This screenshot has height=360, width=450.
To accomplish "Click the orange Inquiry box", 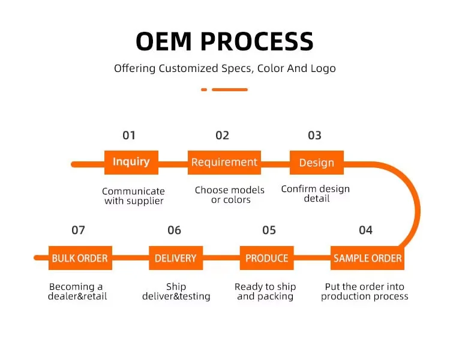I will [x=131, y=162].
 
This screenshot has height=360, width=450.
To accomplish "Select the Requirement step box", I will [x=224, y=162].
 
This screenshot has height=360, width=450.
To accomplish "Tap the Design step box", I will [x=316, y=163].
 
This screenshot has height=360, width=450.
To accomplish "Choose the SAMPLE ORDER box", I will [x=368, y=258].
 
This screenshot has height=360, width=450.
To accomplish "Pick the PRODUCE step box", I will [x=267, y=258].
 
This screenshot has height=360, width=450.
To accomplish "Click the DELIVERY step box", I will [x=176, y=258].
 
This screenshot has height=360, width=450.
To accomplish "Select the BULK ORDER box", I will [x=80, y=258].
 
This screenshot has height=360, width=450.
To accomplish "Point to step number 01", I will [x=129, y=135].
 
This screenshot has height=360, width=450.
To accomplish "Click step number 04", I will [x=365, y=230].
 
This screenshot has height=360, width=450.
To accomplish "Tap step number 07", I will [x=78, y=230].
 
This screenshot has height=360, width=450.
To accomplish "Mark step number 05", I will [x=269, y=230].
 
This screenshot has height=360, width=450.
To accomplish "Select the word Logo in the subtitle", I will [x=323, y=68].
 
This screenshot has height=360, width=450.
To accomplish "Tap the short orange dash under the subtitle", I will [x=204, y=89].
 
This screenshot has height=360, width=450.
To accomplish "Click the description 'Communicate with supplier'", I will [x=133, y=196].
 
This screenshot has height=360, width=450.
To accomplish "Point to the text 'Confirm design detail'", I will [x=316, y=193].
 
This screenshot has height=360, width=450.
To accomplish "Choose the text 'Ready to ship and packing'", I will [x=265, y=292].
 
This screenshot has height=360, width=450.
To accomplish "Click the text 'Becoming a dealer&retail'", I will [x=76, y=292].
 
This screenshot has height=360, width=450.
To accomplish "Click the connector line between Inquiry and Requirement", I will [x=173, y=163].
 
